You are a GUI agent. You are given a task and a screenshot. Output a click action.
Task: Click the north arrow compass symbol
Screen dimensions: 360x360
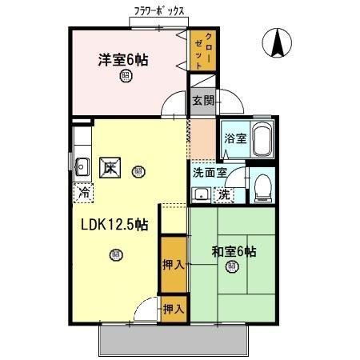(277, 42)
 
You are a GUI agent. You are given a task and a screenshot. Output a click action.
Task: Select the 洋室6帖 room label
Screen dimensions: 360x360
(123, 59)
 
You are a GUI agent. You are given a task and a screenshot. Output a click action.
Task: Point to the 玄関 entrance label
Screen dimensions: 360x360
(203, 100)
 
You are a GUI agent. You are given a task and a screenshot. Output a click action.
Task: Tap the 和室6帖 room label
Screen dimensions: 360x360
(234, 251)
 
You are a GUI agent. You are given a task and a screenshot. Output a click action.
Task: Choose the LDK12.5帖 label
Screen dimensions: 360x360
(113, 226)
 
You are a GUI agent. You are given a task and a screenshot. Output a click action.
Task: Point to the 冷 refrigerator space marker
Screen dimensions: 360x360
(84, 192)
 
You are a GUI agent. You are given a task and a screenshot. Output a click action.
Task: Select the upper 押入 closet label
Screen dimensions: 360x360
(173, 264)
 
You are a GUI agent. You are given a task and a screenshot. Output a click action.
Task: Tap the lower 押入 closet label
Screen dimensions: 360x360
(173, 307)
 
